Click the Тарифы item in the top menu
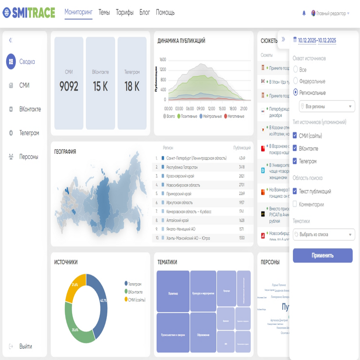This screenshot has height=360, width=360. tap(124, 13)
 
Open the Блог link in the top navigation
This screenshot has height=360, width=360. tap(145, 13)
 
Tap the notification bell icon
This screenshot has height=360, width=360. tap(304, 14)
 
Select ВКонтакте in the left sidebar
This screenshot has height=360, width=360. tap(30, 109)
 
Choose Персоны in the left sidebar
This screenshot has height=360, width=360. tap(29, 157)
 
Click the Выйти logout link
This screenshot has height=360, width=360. tap(25, 346)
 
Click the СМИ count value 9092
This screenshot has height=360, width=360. tap(69, 86)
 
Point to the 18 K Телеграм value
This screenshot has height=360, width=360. tap(132, 86)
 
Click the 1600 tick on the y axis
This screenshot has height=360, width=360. tap(163, 60)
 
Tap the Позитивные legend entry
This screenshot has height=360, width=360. tap(187, 116)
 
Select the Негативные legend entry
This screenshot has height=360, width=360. tap(238, 116)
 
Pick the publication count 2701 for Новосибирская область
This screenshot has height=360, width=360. tap(242, 185)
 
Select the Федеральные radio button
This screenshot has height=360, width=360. tap(296, 81)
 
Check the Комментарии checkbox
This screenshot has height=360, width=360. tap(295, 204)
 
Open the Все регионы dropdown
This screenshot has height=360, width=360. tap(327, 107)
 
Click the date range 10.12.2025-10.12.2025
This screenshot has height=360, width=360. tap(317, 41)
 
